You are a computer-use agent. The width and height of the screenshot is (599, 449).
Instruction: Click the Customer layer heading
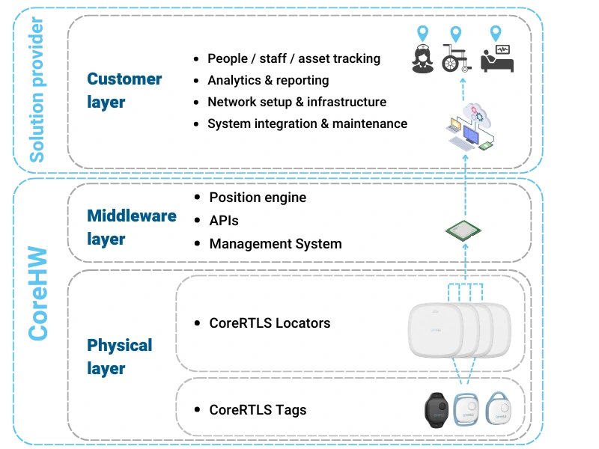[124, 90]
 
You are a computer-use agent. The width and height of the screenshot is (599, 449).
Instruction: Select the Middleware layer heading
[132, 227]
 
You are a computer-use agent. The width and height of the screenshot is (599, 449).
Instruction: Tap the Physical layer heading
[120, 356]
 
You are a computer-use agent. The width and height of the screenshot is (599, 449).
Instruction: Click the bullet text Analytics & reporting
[268, 80]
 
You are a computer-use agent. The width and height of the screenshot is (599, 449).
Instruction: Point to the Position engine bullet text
[258, 198]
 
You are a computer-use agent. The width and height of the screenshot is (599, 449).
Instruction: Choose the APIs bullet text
[224, 221]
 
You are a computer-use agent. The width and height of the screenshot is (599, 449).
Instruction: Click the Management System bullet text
[275, 244]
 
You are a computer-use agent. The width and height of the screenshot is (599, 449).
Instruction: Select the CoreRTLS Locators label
[270, 323]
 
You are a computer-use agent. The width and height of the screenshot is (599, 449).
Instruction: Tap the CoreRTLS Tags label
[258, 410]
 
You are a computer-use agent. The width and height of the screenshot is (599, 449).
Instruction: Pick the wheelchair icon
[457, 59]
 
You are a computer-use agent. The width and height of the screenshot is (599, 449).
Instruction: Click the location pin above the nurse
[423, 34]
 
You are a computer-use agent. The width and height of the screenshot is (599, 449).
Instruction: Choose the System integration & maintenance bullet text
[307, 123]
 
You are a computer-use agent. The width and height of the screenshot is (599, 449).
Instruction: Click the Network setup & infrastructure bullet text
[297, 102]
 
